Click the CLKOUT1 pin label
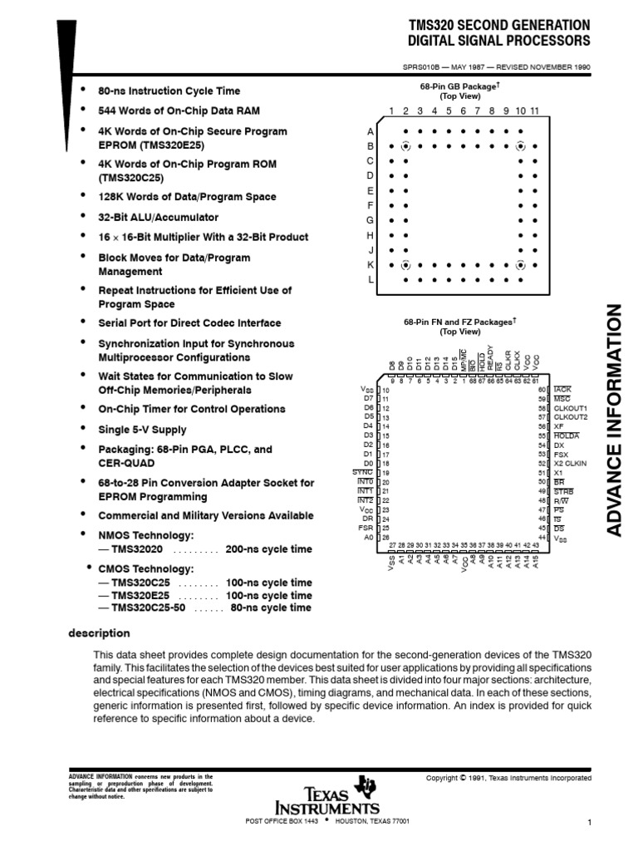click(x=570, y=408)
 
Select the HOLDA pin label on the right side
click(x=567, y=435)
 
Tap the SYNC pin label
click(x=363, y=471)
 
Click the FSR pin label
click(x=366, y=527)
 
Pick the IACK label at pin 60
click(x=562, y=389)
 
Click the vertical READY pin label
click(x=491, y=359)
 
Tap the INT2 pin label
click(x=365, y=499)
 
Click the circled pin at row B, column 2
click(x=405, y=146)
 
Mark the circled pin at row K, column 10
click(x=521, y=265)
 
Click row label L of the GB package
click(x=371, y=280)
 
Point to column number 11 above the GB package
click(x=535, y=111)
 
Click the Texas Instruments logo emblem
click(x=364, y=786)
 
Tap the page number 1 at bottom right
click(x=588, y=823)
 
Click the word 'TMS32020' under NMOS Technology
click(x=136, y=549)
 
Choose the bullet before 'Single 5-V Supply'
click(x=82, y=429)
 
